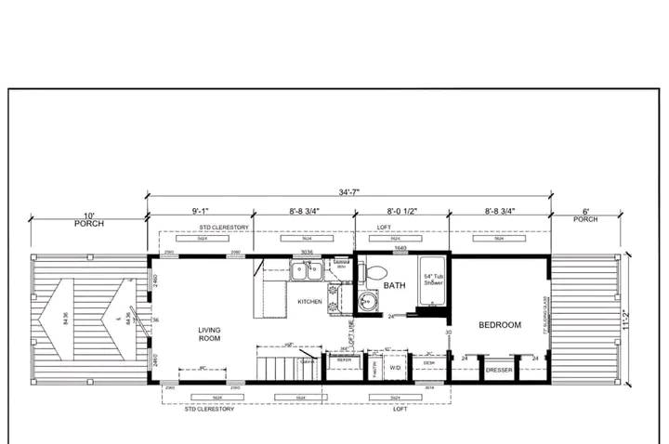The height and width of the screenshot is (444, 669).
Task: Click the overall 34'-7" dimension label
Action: [x=348, y=191]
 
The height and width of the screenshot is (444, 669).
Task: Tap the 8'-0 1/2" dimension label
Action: [x=400, y=212]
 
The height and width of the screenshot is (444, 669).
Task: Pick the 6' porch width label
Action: [x=584, y=212]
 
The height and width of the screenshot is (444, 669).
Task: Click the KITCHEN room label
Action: [x=309, y=302]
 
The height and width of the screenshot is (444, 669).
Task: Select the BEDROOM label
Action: [x=500, y=325]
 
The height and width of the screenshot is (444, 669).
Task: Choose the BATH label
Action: [x=395, y=286]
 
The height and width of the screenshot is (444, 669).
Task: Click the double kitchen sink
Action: [x=306, y=270]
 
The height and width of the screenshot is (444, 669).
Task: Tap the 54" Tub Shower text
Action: [x=434, y=281]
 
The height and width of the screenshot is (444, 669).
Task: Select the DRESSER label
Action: [x=499, y=370]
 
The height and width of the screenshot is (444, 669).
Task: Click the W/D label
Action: [x=395, y=368]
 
